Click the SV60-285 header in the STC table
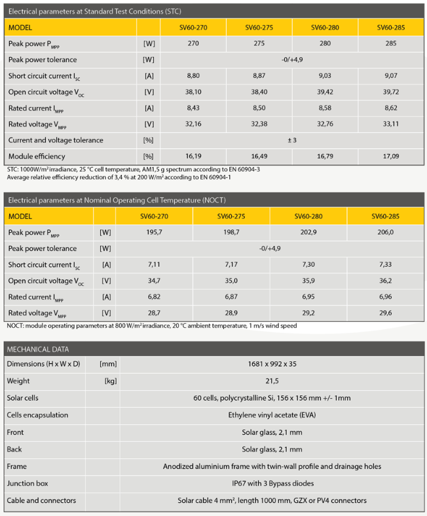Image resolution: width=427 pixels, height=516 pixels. [x=391, y=28]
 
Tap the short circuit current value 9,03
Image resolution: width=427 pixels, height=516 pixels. [x=325, y=75]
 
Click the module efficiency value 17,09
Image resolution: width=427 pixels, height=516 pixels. [x=391, y=156]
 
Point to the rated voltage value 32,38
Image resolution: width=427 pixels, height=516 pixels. [x=259, y=124]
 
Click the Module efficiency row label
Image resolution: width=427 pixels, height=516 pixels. [x=37, y=156]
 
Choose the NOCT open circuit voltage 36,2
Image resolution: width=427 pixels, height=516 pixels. [x=385, y=281]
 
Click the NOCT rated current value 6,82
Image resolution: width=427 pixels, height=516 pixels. [x=155, y=297]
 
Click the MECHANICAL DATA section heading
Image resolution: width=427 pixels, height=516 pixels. [x=37, y=349]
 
